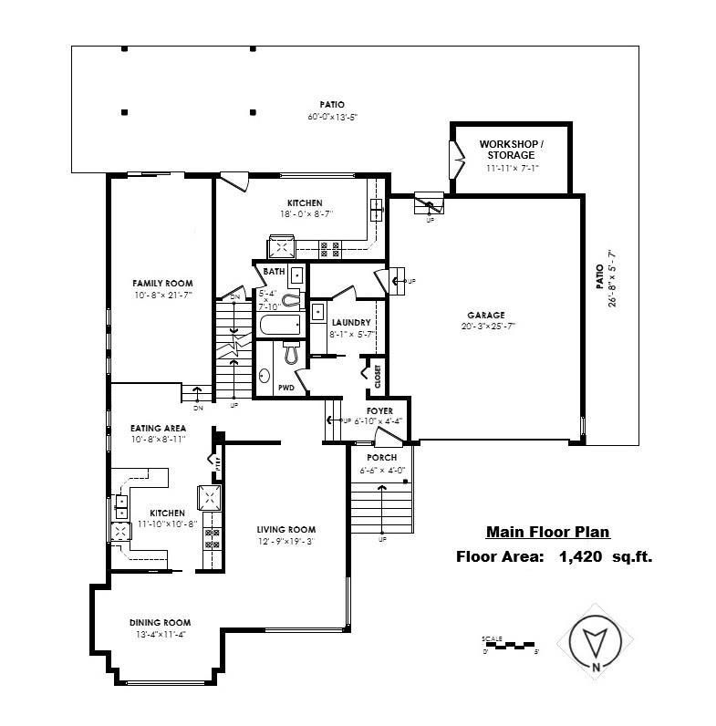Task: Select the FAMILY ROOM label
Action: pos(162,284)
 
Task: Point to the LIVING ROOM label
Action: pos(285,530)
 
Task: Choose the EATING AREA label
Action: pos(159,428)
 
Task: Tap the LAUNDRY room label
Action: pos(350,323)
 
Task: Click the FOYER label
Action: pos(379,411)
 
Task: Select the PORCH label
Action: pos(380,457)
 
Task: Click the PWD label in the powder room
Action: pos(285,387)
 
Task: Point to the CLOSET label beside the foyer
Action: pos(377,374)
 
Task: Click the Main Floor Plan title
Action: pos(547,533)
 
